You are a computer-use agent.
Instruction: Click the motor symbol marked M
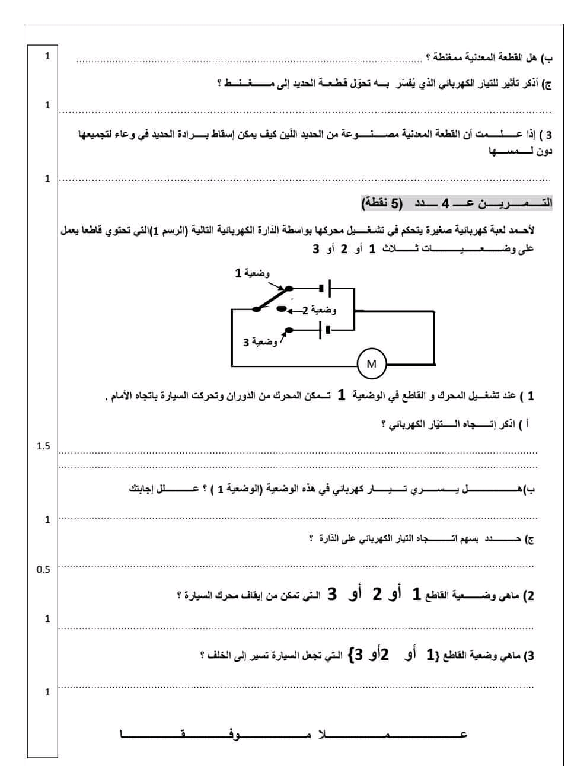coord(372,363)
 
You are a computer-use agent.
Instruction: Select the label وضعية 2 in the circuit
coord(322,310)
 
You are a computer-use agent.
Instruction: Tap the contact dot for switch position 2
coord(282,309)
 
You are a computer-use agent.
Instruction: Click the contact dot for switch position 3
coord(288,330)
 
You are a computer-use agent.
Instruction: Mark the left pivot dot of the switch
coord(256,308)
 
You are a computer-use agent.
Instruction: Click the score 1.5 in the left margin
coord(43,446)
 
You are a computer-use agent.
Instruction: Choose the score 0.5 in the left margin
coord(43,569)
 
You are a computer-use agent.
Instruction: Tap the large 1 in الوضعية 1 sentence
coord(341,395)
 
